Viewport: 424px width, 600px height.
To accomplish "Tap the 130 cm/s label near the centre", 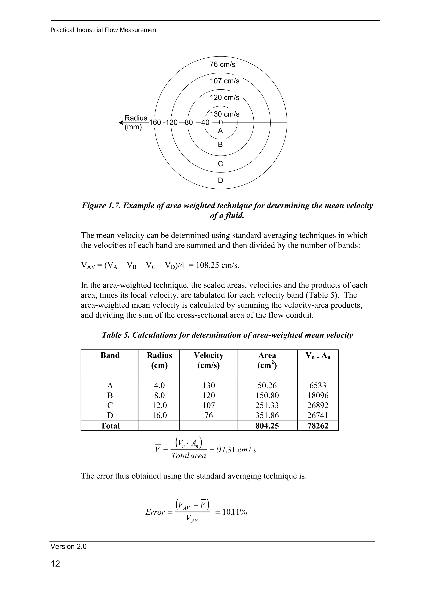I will tap(224, 114).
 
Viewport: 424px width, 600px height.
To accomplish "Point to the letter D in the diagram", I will tap(220, 180).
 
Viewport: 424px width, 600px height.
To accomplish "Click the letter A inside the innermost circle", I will tap(220, 131).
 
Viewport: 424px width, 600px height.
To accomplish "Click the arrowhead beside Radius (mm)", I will tap(121, 122).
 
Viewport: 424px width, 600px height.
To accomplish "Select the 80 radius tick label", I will tap(189, 122).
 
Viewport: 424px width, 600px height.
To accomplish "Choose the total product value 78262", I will tap(318, 426).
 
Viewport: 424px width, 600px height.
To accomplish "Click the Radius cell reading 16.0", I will tap(159, 415).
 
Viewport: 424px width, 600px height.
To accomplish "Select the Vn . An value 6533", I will tap(318, 386).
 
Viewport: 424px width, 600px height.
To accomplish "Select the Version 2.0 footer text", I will tap(69, 546).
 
